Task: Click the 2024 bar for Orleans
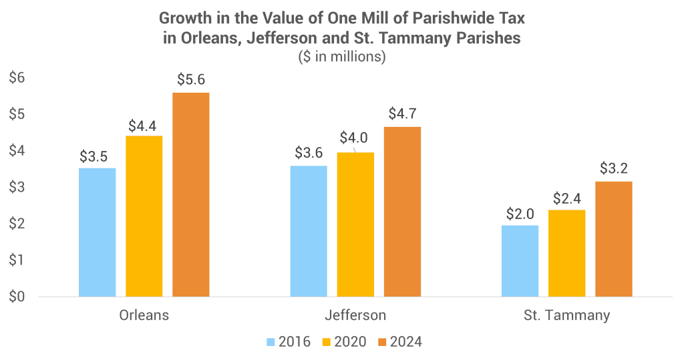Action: tap(191, 194)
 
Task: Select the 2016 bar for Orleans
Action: tap(98, 232)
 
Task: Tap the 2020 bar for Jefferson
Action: tap(355, 224)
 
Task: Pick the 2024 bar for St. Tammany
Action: tap(614, 238)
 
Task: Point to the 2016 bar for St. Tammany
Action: tap(520, 260)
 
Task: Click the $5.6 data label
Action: tap(191, 79)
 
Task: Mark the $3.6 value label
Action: tap(309, 152)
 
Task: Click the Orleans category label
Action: tap(144, 315)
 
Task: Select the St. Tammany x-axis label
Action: tap(567, 315)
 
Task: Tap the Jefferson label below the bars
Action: tap(355, 315)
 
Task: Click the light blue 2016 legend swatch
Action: tap(271, 342)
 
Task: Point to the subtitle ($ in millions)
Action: tap(342, 57)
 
